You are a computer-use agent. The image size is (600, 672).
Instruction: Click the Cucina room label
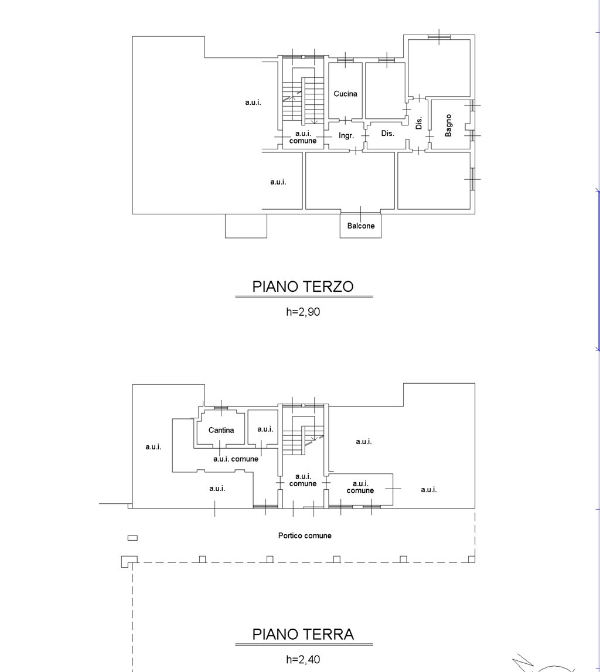click(346, 94)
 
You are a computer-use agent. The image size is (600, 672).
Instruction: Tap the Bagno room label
click(448, 125)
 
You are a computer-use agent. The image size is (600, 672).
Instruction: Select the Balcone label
click(361, 226)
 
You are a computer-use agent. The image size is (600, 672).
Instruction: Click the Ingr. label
click(346, 136)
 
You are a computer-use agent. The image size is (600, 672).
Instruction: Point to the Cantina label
click(221, 430)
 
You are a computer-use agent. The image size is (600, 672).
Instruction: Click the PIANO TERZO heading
click(303, 286)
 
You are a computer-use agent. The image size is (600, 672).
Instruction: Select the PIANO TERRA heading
click(303, 635)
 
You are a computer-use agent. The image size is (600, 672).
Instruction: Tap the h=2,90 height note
click(303, 312)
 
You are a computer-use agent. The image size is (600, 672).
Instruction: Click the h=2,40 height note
click(303, 660)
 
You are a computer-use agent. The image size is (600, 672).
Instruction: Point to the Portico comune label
click(305, 535)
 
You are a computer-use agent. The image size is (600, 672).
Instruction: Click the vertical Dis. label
click(419, 123)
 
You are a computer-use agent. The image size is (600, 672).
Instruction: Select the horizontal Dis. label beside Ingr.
click(387, 134)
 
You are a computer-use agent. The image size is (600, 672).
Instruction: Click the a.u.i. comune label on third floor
click(303, 137)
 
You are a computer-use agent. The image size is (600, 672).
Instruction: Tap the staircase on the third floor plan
click(303, 100)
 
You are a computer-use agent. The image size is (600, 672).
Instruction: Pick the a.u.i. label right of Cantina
click(265, 429)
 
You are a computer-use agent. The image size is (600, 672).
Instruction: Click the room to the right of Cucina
click(386, 90)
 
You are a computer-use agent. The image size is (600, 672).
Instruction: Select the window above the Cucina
click(345, 60)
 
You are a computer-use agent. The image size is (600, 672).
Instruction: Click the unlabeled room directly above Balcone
click(350, 180)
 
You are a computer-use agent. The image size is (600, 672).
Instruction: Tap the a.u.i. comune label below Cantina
click(236, 459)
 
